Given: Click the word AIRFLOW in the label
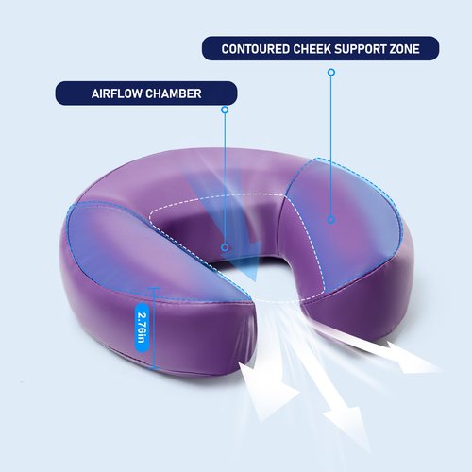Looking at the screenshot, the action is [x=117, y=93].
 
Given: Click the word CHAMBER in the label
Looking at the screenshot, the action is [x=174, y=93].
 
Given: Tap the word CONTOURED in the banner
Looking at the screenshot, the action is [x=256, y=49].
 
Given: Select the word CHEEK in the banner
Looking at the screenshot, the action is [x=312, y=49].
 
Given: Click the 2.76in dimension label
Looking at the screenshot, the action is [x=142, y=328].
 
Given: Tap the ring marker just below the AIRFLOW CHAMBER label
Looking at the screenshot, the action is [x=225, y=110].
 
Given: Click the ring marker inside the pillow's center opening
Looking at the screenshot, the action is [x=225, y=247].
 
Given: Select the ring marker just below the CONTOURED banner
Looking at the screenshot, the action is [x=331, y=73].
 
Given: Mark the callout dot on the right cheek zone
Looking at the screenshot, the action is [x=331, y=219].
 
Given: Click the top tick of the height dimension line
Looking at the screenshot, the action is [x=154, y=288].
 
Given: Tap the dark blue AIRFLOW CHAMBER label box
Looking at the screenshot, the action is [x=146, y=93].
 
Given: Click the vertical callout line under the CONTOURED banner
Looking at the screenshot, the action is [x=331, y=145].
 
